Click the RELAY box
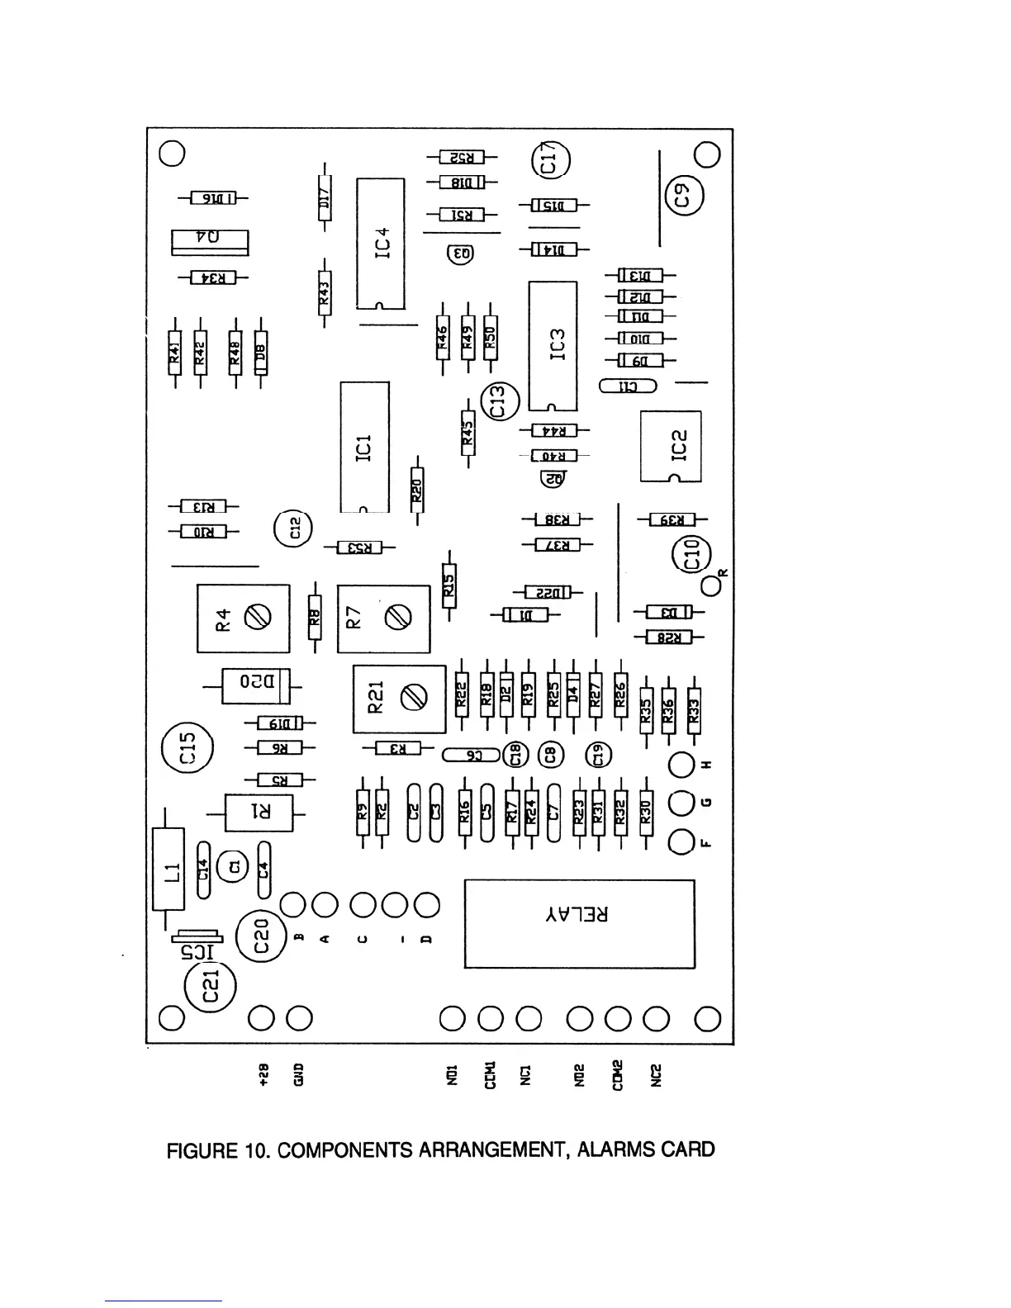pos(579,924)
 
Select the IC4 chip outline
pos(381,244)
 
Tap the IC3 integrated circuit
pos(553,345)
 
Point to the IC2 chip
pos(671,446)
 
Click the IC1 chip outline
pos(364,447)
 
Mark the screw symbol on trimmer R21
pos(413,699)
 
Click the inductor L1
pos(169,870)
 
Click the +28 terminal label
pos(263,1073)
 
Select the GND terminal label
pos(298,1073)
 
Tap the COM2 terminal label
pos(617,1074)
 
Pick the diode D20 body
pos(256,685)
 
